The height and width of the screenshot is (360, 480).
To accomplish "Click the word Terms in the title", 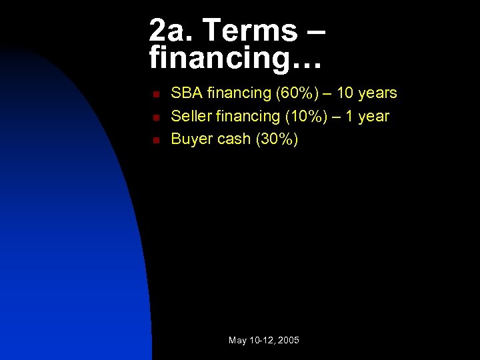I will [x=247, y=31].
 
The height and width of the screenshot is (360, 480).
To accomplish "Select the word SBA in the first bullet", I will [x=187, y=93].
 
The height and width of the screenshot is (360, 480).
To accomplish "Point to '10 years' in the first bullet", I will [x=366, y=93].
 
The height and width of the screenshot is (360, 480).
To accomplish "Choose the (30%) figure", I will [x=277, y=139].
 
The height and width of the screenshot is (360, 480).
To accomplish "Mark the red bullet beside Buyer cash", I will [x=154, y=140].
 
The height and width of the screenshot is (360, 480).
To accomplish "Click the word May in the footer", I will [x=238, y=341].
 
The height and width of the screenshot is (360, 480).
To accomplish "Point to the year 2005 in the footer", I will [x=289, y=341].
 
